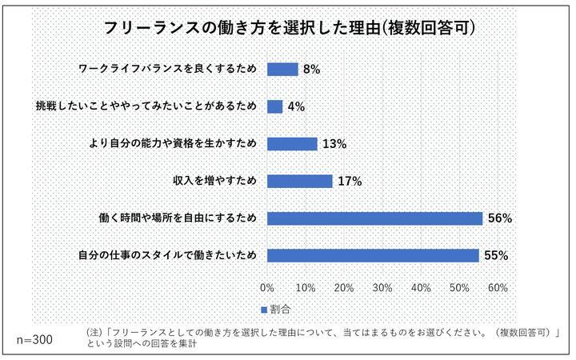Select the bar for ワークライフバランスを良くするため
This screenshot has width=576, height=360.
[x=282, y=69]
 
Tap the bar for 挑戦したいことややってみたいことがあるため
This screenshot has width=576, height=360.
[x=274, y=106]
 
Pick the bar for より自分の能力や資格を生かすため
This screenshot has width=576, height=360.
[x=292, y=144]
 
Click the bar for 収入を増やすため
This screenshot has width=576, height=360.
[x=299, y=181]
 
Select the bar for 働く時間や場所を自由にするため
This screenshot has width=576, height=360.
[x=374, y=218]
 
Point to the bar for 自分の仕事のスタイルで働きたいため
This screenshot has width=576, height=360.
[x=373, y=256]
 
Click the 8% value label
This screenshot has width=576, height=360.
[x=311, y=70]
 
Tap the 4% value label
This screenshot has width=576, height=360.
[x=296, y=107]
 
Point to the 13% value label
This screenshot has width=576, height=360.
[x=334, y=145]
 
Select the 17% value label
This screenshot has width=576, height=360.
[x=350, y=182]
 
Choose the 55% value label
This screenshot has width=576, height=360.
[x=496, y=257]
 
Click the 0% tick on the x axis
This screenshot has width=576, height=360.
[x=267, y=287]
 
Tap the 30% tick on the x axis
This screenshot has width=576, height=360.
[x=382, y=287]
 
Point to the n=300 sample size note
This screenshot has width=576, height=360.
[x=34, y=339]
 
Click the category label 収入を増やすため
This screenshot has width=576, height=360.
[x=215, y=182]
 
